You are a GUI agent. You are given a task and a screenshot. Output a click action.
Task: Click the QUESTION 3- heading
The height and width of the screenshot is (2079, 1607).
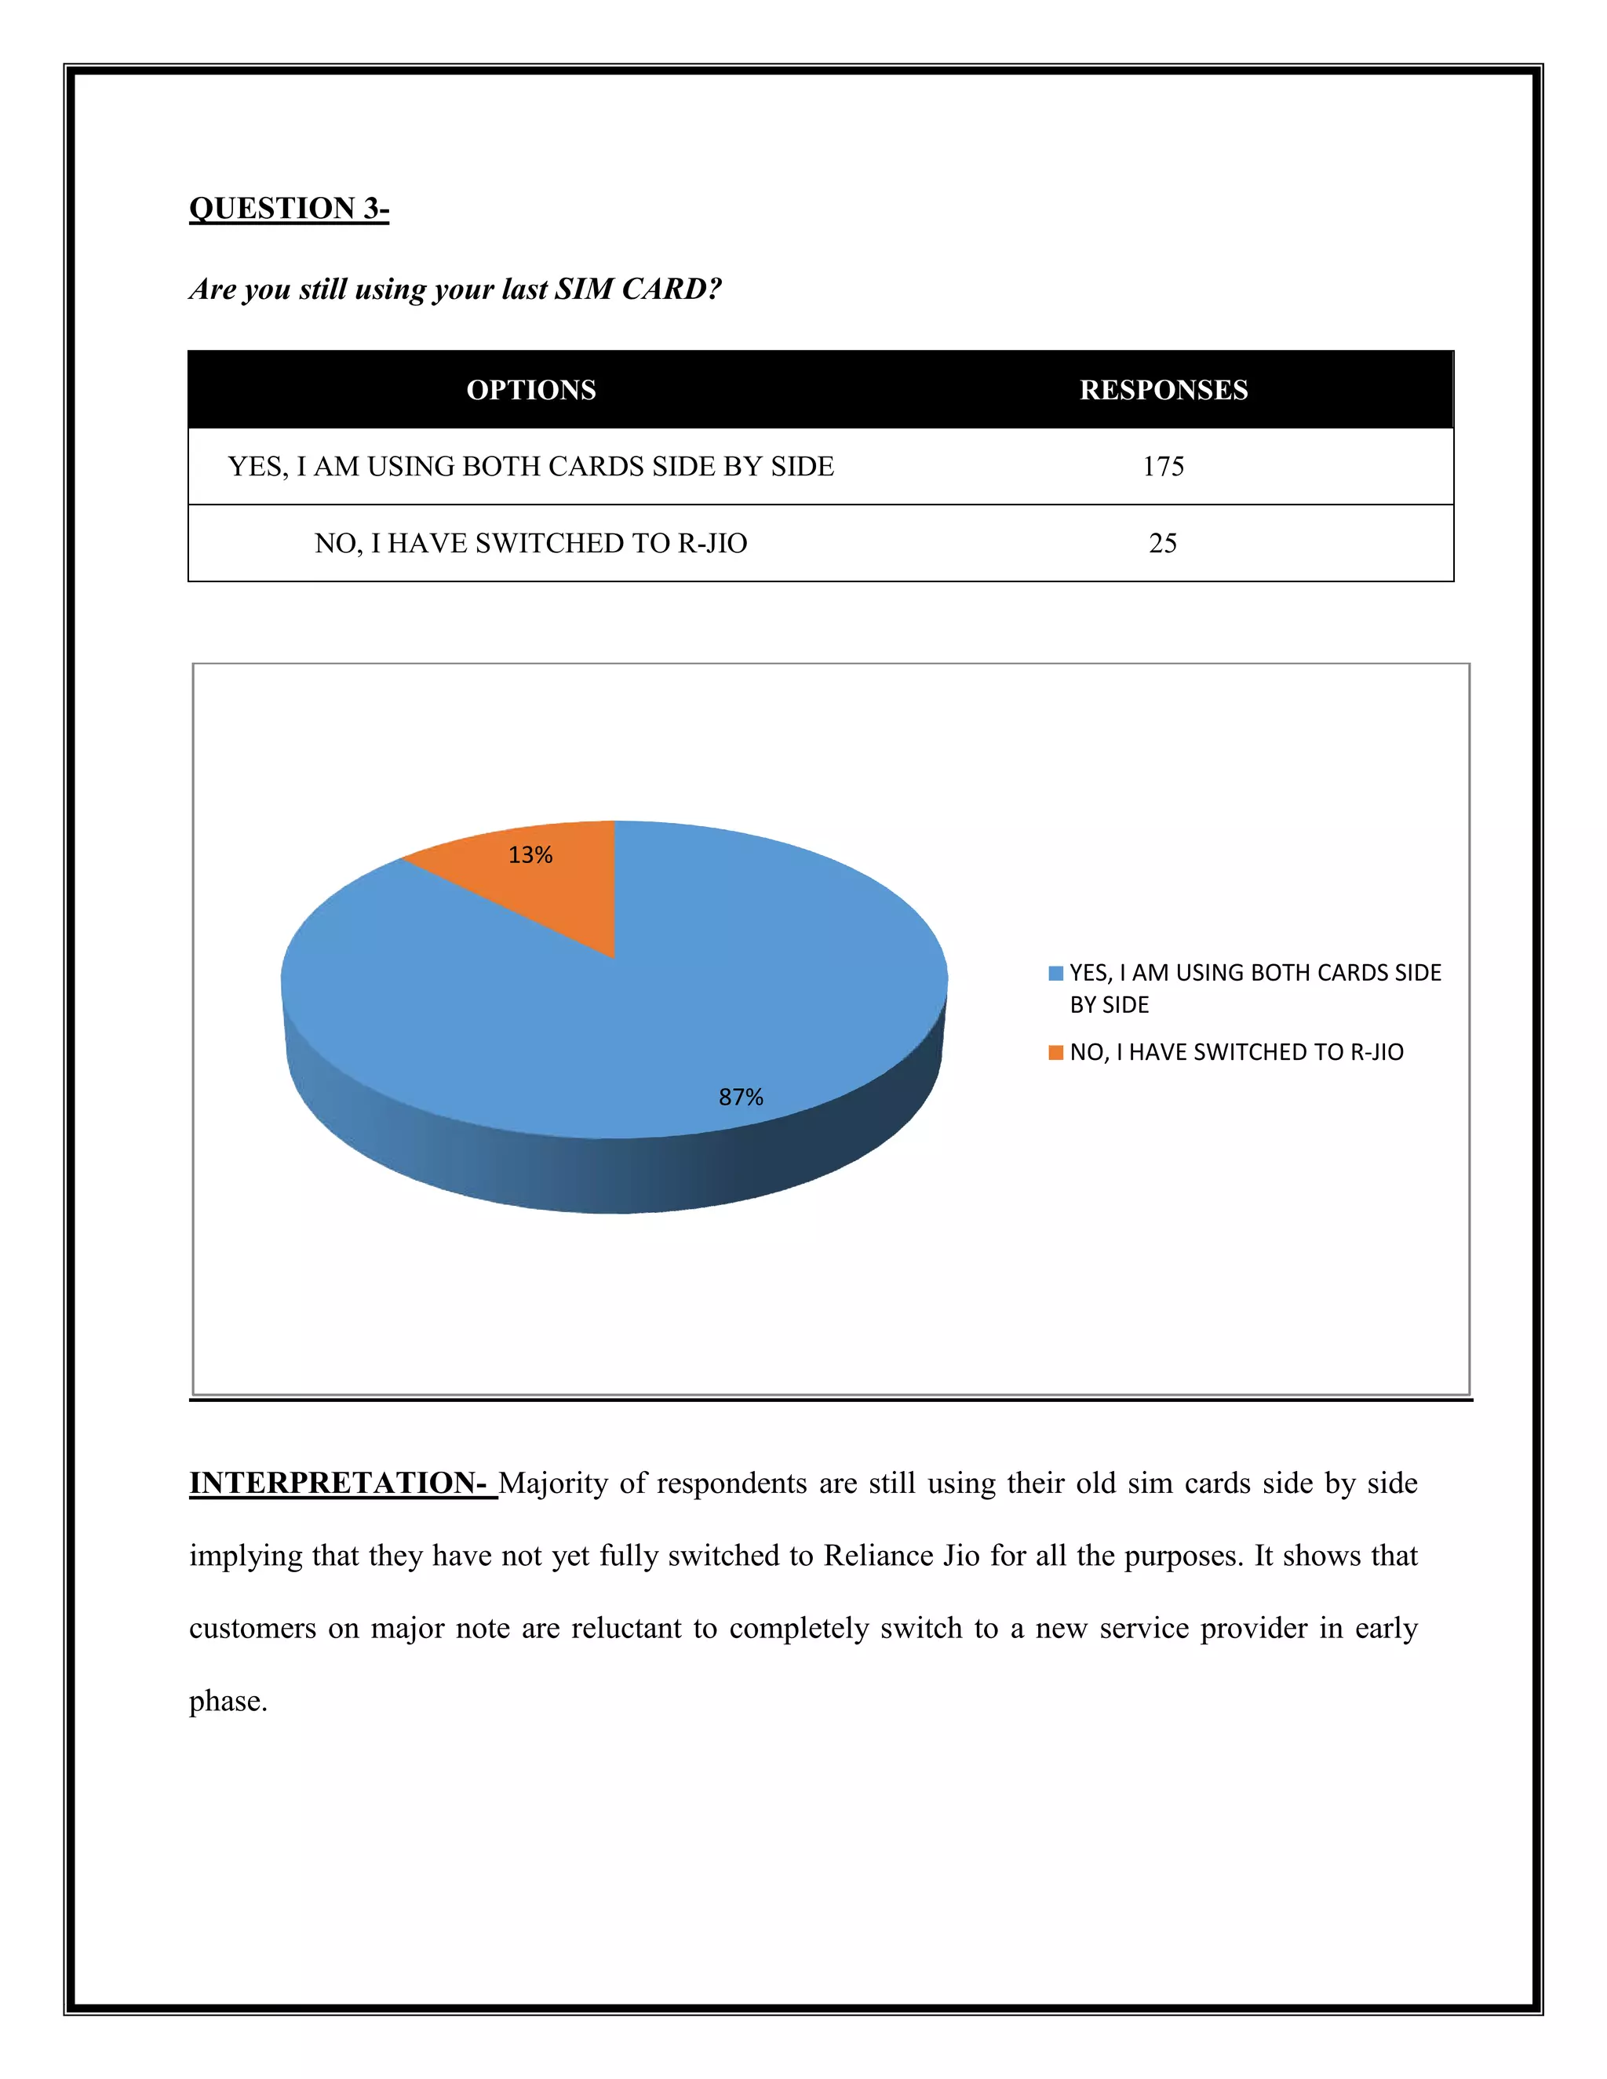point(289,209)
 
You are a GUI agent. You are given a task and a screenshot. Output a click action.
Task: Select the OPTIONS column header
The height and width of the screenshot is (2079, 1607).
point(530,390)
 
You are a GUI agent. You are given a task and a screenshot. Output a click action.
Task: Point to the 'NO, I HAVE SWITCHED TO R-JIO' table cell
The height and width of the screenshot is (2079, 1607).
point(530,544)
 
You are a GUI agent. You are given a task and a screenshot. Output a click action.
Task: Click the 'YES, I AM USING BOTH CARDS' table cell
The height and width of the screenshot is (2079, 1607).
point(530,467)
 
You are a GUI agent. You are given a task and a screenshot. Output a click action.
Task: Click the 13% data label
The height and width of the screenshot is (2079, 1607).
point(530,855)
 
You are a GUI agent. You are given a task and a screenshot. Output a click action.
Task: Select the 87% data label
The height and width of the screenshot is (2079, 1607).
point(741,1098)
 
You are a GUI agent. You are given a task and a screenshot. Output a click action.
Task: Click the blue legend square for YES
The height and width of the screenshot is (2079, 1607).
point(1055,973)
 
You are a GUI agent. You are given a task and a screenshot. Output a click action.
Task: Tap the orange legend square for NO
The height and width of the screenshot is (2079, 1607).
point(1055,1052)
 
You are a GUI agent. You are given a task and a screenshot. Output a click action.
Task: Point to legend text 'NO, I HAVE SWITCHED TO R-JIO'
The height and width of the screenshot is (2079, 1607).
point(1236,1052)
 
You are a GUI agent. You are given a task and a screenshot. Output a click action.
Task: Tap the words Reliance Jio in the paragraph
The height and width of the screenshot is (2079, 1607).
point(901,1556)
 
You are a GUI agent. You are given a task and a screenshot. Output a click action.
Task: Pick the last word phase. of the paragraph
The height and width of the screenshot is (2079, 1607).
point(228,1701)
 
